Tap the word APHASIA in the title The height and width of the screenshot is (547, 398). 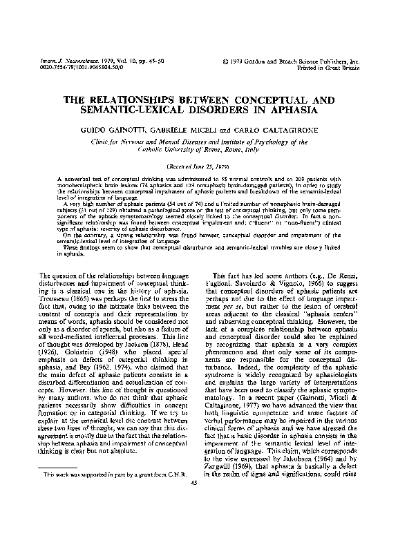pyautogui.click(x=290, y=111)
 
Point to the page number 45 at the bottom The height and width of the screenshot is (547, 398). pyautogui.click(x=199, y=502)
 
